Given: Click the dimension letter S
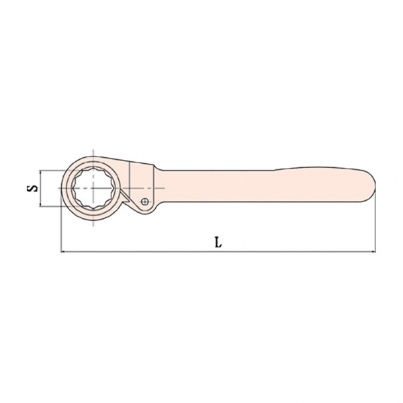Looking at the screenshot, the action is pyautogui.click(x=32, y=188).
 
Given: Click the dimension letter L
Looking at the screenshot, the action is pyautogui.click(x=218, y=242).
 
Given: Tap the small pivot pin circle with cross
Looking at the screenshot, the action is pyautogui.click(x=145, y=201).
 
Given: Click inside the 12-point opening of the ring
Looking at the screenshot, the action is pyautogui.click(x=93, y=188).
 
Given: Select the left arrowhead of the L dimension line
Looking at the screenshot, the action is pyautogui.click(x=63, y=252).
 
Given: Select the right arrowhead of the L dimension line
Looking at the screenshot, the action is pyautogui.click(x=373, y=252).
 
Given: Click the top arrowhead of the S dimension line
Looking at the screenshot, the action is pyautogui.click(x=40, y=172).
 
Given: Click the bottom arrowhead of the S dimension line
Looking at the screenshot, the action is pyautogui.click(x=40, y=205).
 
